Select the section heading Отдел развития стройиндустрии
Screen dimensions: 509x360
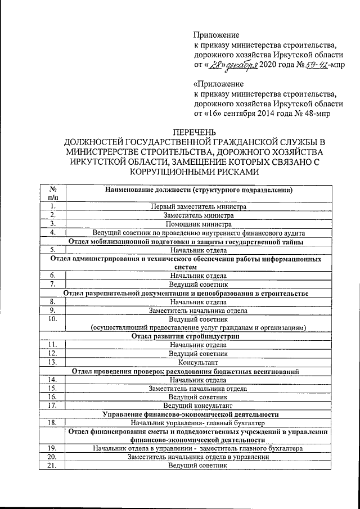pyautogui.click(x=186, y=336)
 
